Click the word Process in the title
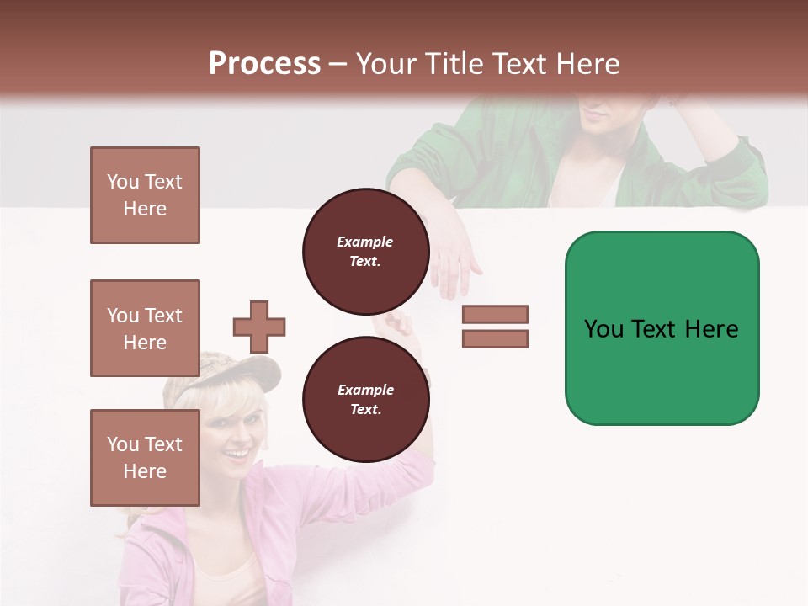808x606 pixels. [264, 64]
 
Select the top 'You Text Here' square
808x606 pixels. [145, 195]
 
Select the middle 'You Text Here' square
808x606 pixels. [145, 328]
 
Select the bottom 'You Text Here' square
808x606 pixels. [145, 457]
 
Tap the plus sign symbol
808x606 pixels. [259, 327]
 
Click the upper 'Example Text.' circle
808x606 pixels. [365, 252]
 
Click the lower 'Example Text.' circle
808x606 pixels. [365, 399]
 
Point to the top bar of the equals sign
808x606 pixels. [495, 314]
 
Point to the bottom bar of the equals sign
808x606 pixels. [495, 338]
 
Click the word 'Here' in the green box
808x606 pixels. [711, 328]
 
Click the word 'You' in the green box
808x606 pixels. [603, 328]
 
